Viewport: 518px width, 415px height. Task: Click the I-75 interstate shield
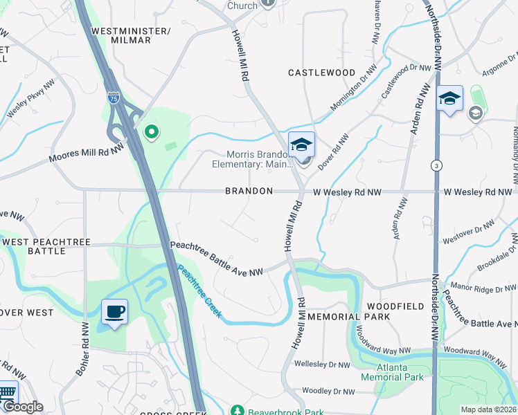[113, 98]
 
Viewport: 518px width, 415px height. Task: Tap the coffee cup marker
[114, 311]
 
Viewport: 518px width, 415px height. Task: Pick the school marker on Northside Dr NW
[449, 100]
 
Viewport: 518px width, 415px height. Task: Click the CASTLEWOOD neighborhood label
[321, 73]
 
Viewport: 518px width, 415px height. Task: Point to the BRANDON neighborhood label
[249, 191]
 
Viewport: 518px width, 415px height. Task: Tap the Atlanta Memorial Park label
[391, 372]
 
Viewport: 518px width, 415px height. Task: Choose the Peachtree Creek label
[199, 291]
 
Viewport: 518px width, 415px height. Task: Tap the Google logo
[22, 407]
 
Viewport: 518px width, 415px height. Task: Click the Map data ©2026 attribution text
[488, 409]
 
